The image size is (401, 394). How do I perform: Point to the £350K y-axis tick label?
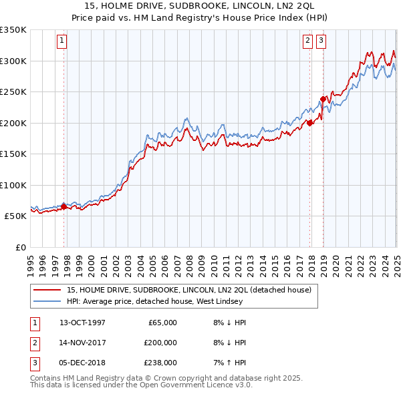pyautogui.click(x=13, y=30)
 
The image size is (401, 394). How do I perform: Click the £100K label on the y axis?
pyautogui.click(x=13, y=185)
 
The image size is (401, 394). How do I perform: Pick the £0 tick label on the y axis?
pyautogui.click(x=21, y=247)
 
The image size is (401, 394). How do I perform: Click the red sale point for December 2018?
pyautogui.click(x=323, y=100)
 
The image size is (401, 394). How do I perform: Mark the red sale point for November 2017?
pyautogui.click(x=310, y=123)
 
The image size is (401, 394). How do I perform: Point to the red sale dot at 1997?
pyautogui.click(x=64, y=207)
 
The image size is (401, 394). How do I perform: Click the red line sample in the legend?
pyautogui.click(x=47, y=290)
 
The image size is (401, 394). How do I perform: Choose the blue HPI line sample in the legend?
pyautogui.click(x=47, y=301)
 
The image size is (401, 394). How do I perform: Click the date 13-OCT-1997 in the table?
pyautogui.click(x=83, y=323)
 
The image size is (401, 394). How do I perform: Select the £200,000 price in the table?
pyautogui.click(x=160, y=343)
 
